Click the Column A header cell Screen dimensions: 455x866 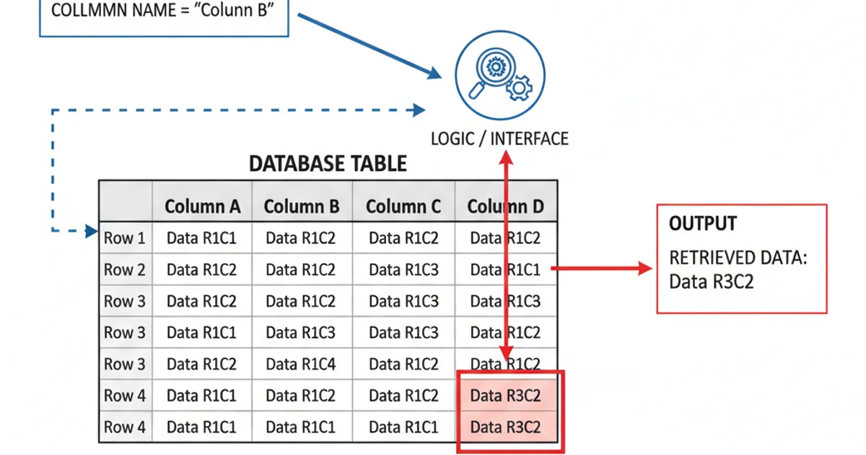pos(202,207)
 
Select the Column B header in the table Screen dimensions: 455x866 pos(302,207)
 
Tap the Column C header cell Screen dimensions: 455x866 pos(403,207)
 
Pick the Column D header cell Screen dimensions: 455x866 pos(505,207)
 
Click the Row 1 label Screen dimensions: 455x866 pos(125,238)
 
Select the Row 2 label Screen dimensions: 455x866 pos(125,270)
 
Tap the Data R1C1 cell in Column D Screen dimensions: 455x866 pos(505,270)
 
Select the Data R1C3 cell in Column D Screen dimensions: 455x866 pos(505,301)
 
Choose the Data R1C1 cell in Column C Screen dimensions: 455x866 pos(403,427)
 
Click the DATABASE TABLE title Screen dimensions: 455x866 pos(328,163)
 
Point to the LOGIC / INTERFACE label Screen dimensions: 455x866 pos(499,138)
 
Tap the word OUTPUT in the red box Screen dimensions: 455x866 pos(703,224)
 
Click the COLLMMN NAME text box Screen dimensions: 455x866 pos(163,13)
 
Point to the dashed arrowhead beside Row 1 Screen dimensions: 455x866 pos(92,231)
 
